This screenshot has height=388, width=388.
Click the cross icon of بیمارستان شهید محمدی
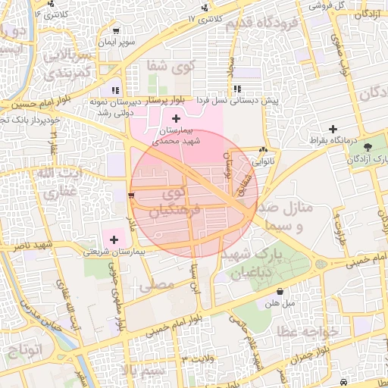tap(177, 118)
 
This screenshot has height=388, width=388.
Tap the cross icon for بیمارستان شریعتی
tap(114, 239)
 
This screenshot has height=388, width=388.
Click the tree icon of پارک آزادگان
tap(368, 147)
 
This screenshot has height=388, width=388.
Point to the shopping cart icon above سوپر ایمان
tap(115, 31)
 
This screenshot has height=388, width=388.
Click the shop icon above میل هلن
tap(280, 292)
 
